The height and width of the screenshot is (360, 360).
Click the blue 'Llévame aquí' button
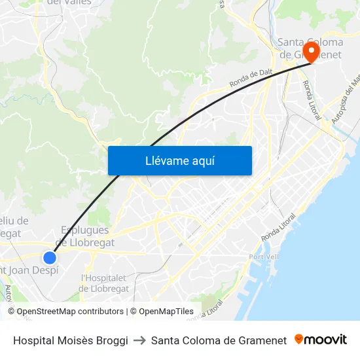click(179, 160)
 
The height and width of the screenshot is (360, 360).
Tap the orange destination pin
click(310, 52)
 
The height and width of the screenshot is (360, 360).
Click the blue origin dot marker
click(49, 257)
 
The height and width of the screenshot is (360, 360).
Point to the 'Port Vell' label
click(264, 257)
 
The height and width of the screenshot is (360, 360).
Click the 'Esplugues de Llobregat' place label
click(86, 236)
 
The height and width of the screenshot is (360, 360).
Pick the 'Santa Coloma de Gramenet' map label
click(310, 48)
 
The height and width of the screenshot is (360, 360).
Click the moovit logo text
click(326, 340)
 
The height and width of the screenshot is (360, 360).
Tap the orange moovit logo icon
click(299, 339)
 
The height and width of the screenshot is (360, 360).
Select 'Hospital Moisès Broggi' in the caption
click(71, 340)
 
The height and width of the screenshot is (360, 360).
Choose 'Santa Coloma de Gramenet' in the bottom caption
click(219, 340)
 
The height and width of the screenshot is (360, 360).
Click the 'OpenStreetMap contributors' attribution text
click(70, 312)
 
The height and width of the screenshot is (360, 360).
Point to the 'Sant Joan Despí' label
click(29, 270)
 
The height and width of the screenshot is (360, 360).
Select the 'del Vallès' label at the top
click(69, 3)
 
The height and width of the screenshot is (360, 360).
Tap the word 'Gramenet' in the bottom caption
click(262, 340)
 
